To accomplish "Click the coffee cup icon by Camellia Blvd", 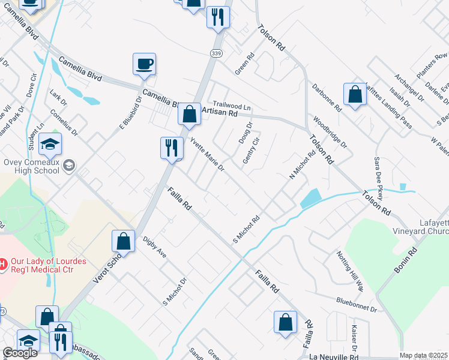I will (144, 64).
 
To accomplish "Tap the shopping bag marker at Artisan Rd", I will (189, 113).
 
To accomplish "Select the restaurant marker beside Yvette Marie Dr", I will (171, 147).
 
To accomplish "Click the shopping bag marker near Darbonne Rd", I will (355, 94).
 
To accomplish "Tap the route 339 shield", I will (216, 53).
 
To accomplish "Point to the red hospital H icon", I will (3, 263).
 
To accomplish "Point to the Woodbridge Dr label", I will (330, 133).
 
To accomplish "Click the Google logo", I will (20, 353).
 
